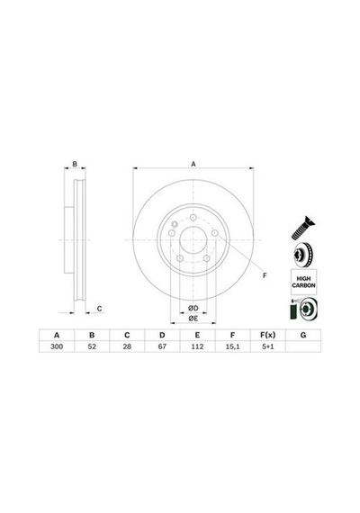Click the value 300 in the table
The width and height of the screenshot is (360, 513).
[57, 346]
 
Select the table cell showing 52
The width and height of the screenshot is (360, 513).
[92, 346]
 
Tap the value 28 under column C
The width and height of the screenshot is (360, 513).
[127, 346]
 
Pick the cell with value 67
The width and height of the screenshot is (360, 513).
[162, 346]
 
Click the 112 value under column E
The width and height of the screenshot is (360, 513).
[197, 346]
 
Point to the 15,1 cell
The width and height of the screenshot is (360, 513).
[233, 346]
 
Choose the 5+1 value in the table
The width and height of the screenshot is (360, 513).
[268, 346]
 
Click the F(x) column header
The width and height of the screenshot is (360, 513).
[268, 335]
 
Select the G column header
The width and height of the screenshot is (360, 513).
[303, 335]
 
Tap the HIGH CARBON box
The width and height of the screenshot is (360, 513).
[303, 282]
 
